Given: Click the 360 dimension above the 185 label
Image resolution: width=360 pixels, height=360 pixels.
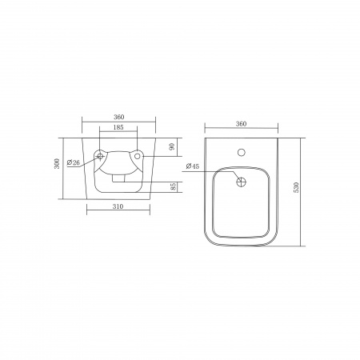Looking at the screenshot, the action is tap(119, 117).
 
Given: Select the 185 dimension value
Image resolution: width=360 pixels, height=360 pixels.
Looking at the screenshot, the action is tap(118, 127).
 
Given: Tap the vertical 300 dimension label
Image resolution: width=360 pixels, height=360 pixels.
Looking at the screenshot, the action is tap(57, 163).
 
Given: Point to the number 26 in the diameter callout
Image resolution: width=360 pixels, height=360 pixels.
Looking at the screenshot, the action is tap(76, 162).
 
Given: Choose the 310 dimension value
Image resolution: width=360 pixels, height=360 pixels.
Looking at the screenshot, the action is tap(118, 206).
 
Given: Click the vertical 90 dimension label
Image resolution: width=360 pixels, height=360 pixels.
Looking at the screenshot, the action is tap(172, 146).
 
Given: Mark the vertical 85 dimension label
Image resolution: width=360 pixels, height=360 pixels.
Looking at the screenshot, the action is tap(173, 186).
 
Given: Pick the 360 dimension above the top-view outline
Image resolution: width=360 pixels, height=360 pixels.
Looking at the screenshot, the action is tap(241, 124).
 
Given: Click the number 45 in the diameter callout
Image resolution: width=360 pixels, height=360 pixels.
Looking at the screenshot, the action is tap(195, 166).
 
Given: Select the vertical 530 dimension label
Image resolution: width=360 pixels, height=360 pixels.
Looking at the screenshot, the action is tap(296, 187).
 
